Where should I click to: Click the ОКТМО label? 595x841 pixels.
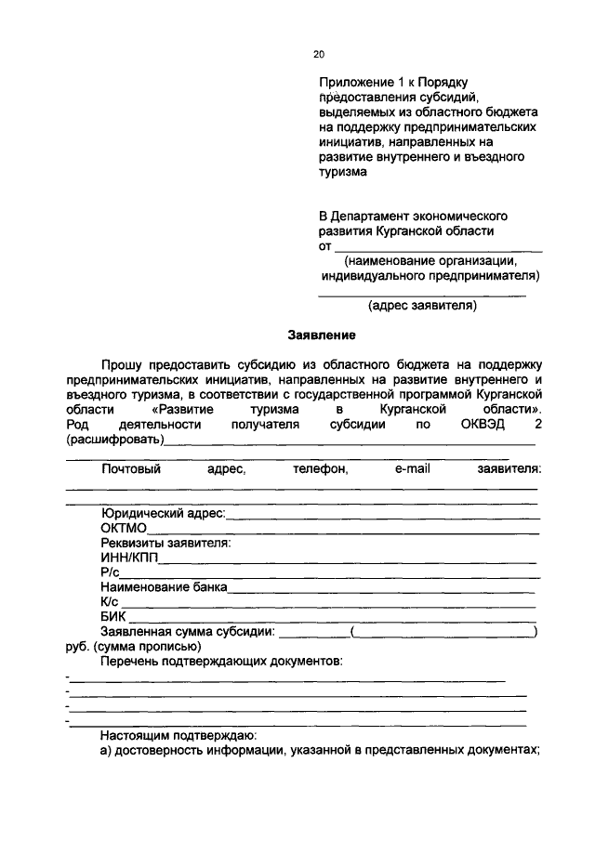point(124,528)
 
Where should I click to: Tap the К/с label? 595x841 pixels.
point(112,601)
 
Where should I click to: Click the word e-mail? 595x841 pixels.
point(412,469)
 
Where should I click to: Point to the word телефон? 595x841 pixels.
point(320,469)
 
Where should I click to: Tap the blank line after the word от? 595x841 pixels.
point(438,250)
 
